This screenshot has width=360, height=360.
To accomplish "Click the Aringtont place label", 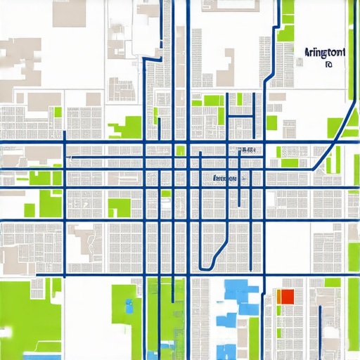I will pyautogui.click(x=325, y=53).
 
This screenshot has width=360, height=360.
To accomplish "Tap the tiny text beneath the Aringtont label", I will pyautogui.click(x=328, y=65).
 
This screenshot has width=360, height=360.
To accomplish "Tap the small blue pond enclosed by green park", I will pyautogui.click(x=129, y=304).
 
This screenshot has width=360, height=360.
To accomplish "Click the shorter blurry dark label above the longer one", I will pyautogui.click(x=247, y=150).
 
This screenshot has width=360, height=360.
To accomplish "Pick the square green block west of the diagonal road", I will pyautogui.click(x=335, y=127).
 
